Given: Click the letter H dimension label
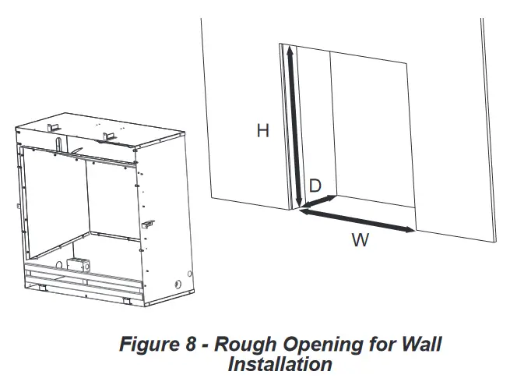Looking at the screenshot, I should click(263, 132).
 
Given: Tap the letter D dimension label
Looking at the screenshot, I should click(315, 186).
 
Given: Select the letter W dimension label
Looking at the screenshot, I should click(359, 240).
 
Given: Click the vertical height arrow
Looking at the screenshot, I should click(294, 125).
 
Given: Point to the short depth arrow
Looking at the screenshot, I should click(319, 202).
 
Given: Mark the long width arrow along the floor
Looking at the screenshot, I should click(358, 220).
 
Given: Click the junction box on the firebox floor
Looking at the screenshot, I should click(78, 266).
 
